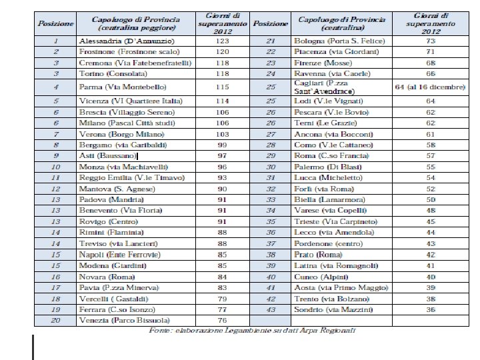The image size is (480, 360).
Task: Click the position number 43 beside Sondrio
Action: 271,310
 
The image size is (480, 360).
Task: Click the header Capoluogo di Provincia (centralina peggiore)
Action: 137,23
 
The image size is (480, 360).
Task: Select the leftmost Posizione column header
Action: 55,23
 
